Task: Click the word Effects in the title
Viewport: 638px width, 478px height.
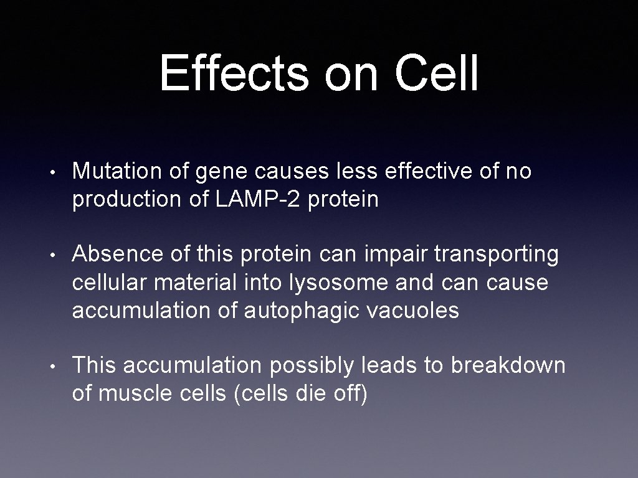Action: coord(234,73)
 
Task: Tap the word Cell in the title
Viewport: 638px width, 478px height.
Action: coord(436,73)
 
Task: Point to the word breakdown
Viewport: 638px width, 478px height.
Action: coord(508,366)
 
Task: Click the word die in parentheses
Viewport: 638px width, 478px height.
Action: coord(309,394)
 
